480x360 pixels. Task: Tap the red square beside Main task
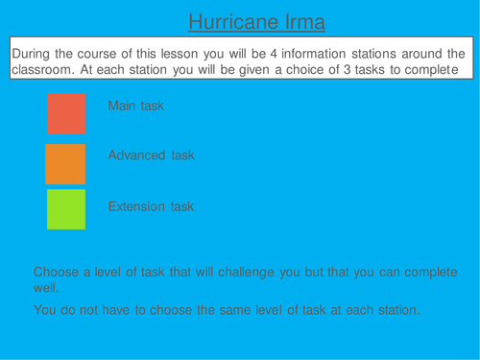(x=66, y=113)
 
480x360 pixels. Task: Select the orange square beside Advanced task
(x=65, y=163)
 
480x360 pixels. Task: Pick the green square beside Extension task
(x=66, y=209)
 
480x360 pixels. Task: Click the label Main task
(x=135, y=106)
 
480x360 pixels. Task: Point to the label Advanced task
(x=150, y=156)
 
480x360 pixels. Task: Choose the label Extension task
(x=151, y=206)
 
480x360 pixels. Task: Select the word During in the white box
(x=33, y=53)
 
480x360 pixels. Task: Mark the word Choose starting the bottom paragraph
(x=57, y=272)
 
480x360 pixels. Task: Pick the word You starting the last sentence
(x=45, y=309)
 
